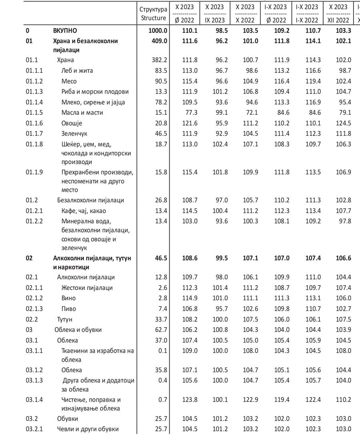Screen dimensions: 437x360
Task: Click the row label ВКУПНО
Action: [x=65, y=30]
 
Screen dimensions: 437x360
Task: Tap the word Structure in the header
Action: [x=153, y=18]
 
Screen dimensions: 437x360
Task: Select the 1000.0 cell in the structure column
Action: [x=157, y=30]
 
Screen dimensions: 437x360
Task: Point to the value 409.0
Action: [x=159, y=40]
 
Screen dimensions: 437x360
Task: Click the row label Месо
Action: [x=69, y=81]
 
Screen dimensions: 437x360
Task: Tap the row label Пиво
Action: [x=68, y=309]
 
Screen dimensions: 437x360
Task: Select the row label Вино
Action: [x=68, y=298]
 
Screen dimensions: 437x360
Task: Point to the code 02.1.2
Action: [x=34, y=298]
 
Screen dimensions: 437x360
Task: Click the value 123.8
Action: [x=186, y=400]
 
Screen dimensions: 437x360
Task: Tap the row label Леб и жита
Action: [x=77, y=71]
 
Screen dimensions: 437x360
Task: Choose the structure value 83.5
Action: [x=160, y=71]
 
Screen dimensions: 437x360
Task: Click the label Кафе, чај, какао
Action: [x=84, y=211]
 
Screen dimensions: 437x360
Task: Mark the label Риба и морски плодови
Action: [x=93, y=92]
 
